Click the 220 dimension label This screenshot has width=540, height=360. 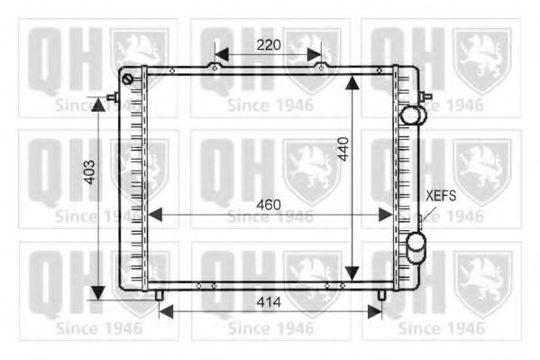(x=268, y=44)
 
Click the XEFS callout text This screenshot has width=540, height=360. (x=442, y=195)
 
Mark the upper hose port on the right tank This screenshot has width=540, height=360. (x=414, y=115)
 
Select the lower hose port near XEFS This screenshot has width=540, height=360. (x=416, y=244)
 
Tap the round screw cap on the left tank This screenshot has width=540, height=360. (x=128, y=80)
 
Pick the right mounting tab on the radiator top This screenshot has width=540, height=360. (x=321, y=66)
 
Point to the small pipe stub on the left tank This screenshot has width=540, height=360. (x=111, y=97)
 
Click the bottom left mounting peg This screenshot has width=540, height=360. (x=159, y=294)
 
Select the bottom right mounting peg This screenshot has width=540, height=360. (x=381, y=294)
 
